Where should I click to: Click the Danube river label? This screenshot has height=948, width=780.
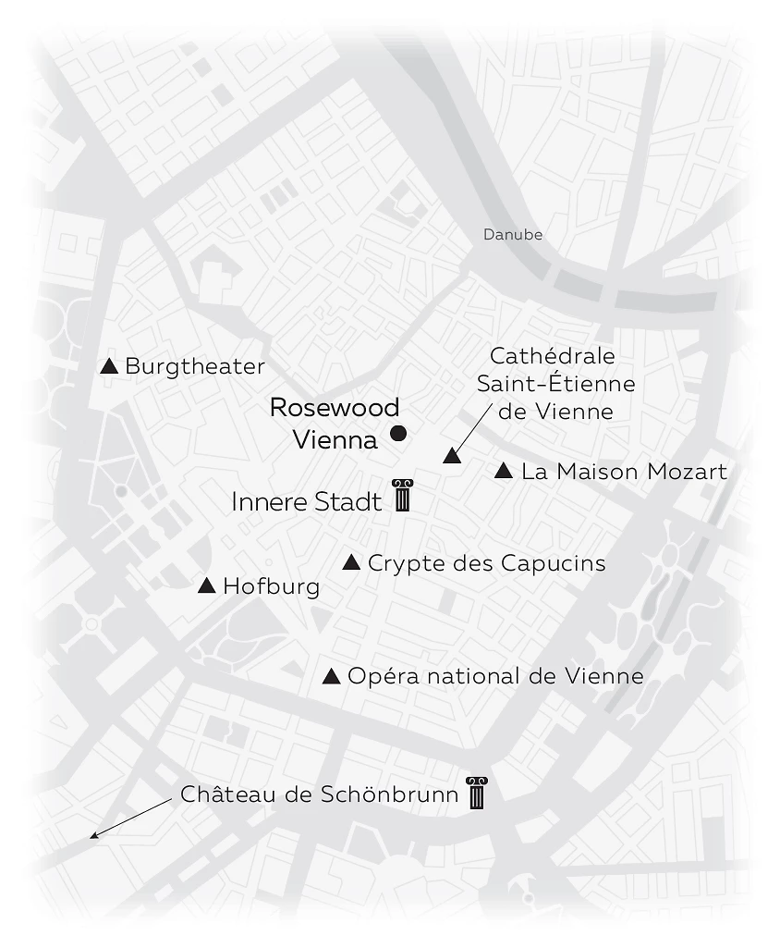click(513, 235)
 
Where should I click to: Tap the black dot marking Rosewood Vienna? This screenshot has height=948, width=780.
click(398, 433)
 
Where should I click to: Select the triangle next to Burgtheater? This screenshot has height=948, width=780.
click(109, 366)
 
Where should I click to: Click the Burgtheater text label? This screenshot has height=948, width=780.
click(195, 366)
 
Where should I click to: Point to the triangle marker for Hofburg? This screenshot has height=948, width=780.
click(207, 585)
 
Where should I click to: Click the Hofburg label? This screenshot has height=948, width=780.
click(272, 586)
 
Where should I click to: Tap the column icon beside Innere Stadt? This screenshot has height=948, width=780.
click(402, 496)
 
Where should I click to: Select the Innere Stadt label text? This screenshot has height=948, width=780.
click(306, 502)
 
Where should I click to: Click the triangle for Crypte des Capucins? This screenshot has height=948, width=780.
click(351, 562)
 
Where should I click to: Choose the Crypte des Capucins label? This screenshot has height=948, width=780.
click(487, 563)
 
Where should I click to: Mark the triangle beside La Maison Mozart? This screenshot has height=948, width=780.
click(504, 472)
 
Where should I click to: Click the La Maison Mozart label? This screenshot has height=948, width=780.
click(624, 473)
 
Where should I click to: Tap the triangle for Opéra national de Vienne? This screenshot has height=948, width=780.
click(331, 677)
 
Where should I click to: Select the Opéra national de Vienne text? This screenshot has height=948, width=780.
click(495, 677)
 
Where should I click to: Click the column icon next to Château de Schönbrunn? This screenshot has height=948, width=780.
click(476, 793)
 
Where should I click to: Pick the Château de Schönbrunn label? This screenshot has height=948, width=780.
click(320, 794)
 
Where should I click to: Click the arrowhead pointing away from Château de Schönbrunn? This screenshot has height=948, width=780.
click(93, 837)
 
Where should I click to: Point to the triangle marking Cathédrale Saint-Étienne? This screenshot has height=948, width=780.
click(451, 455)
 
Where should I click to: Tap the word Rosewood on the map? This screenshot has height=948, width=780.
click(335, 408)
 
